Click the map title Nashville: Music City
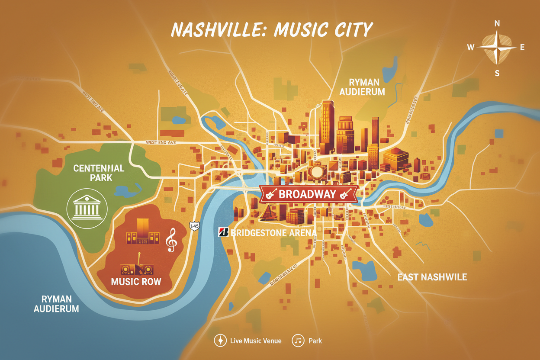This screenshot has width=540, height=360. click(x=272, y=29)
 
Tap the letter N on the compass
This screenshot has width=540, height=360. click(x=497, y=23)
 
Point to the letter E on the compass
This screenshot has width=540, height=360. click(x=522, y=48)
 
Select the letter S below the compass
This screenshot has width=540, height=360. click(x=497, y=73)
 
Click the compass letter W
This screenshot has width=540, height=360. click(x=471, y=48)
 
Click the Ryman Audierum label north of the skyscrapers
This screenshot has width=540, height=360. click(x=362, y=87)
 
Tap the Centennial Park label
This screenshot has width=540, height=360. click(x=99, y=173)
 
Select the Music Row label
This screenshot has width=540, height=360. click(x=136, y=282)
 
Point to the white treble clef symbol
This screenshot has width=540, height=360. click(x=171, y=241)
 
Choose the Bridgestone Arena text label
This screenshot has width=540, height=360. click(x=273, y=233)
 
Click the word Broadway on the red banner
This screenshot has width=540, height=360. click(x=307, y=194)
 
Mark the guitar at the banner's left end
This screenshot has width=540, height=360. click(x=270, y=194)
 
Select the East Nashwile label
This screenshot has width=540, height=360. click(x=432, y=277)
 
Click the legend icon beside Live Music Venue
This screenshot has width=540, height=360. click(x=220, y=341)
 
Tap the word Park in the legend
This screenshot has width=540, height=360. click(x=315, y=341)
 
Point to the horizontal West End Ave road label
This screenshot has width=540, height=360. click(x=161, y=142)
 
